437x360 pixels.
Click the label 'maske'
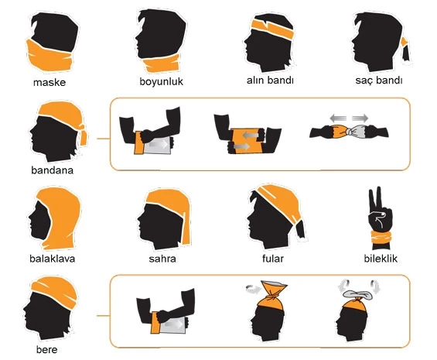49,81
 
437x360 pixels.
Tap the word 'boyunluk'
161,81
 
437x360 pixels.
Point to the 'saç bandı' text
376,81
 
